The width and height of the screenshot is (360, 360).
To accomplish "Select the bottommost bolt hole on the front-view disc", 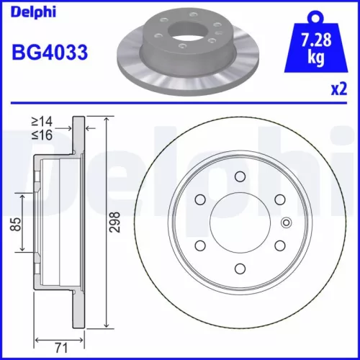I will (240, 270).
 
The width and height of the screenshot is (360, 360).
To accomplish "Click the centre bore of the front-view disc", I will (240, 223).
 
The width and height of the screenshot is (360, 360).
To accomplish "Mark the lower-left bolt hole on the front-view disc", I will (199, 246).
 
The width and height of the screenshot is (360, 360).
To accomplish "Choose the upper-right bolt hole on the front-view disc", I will (280, 200).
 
